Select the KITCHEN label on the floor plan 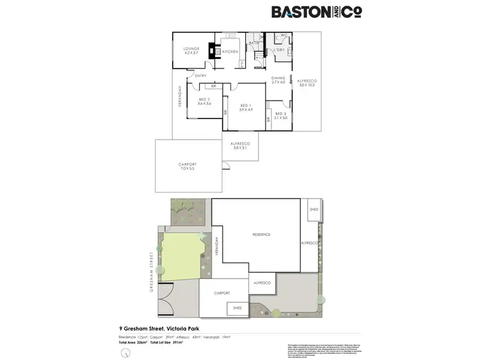[x=230, y=51]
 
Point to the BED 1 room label [x=246, y=108]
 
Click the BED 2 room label [x=204, y=102]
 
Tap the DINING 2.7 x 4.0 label [x=278, y=80]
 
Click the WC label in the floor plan [x=284, y=36]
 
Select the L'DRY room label [x=279, y=50]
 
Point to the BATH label [x=254, y=43]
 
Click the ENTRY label [x=201, y=76]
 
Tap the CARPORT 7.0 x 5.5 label [x=188, y=167]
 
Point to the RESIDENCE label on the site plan [x=261, y=234]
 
